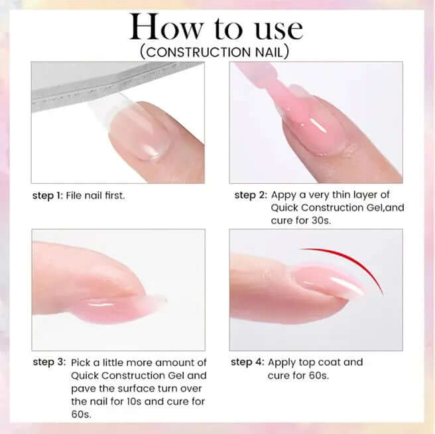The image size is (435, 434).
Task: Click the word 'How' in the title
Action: (x=166, y=27)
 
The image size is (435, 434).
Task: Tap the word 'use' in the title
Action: (x=279, y=30)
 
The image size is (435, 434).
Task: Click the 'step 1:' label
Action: (x=48, y=196)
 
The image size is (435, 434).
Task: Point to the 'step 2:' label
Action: (x=251, y=195)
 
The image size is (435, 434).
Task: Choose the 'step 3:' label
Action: (x=49, y=362)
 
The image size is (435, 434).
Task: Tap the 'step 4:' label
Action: (x=247, y=362)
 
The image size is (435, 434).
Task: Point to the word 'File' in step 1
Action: (x=74, y=196)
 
